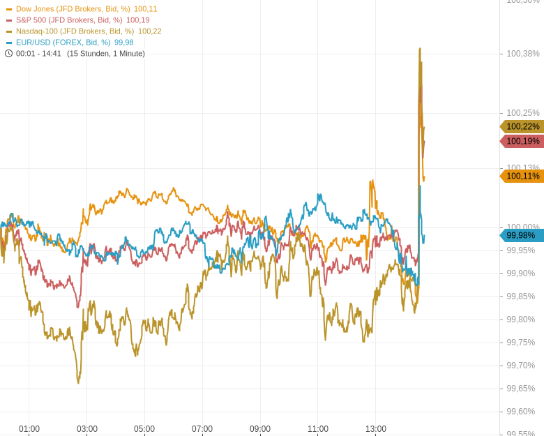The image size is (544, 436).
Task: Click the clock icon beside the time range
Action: (8, 54)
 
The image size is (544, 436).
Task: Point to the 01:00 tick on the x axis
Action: (29, 429)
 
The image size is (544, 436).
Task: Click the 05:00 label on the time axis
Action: (144, 429)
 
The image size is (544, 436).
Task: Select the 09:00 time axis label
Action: (260, 429)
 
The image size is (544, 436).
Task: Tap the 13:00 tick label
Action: (376, 429)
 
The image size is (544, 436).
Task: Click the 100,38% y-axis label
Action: (523, 54)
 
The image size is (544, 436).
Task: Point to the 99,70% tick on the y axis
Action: (521, 366)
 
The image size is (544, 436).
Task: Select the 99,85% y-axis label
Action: (521, 296)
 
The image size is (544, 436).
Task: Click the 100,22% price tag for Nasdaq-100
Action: (522, 126)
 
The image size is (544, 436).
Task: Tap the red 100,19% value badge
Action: (522, 141)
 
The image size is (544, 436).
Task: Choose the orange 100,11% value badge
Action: (522, 176)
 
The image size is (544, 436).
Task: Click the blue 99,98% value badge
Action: (522, 235)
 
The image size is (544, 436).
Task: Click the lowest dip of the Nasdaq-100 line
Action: (78, 382)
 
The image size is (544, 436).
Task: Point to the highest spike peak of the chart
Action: (420, 49)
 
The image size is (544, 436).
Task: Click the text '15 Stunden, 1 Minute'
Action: (106, 54)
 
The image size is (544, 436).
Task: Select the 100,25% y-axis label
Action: (523, 113)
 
